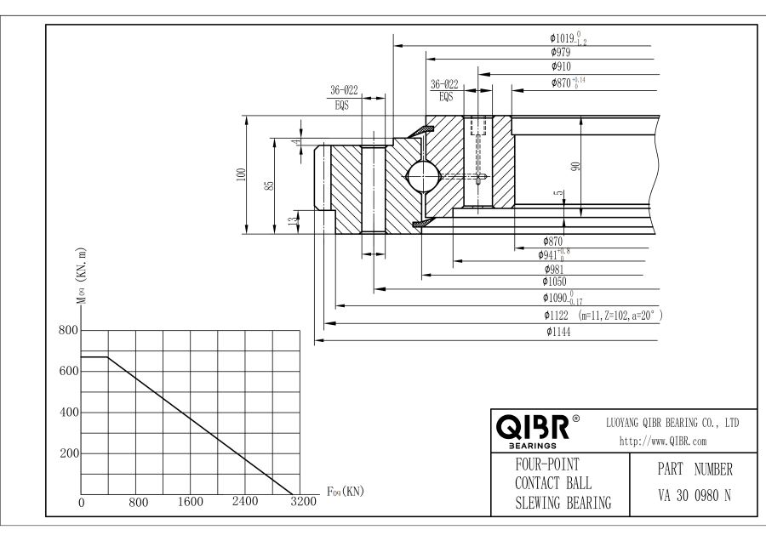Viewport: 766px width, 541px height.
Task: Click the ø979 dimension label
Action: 556,51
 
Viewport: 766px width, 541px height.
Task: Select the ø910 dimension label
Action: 556,67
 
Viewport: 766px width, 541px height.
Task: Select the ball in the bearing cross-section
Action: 423,176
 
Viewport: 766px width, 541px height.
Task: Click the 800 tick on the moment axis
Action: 68,330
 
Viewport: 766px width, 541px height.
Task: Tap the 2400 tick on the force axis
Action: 245,502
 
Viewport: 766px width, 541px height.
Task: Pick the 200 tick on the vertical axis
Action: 68,453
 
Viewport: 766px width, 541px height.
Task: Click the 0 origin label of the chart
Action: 82,503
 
